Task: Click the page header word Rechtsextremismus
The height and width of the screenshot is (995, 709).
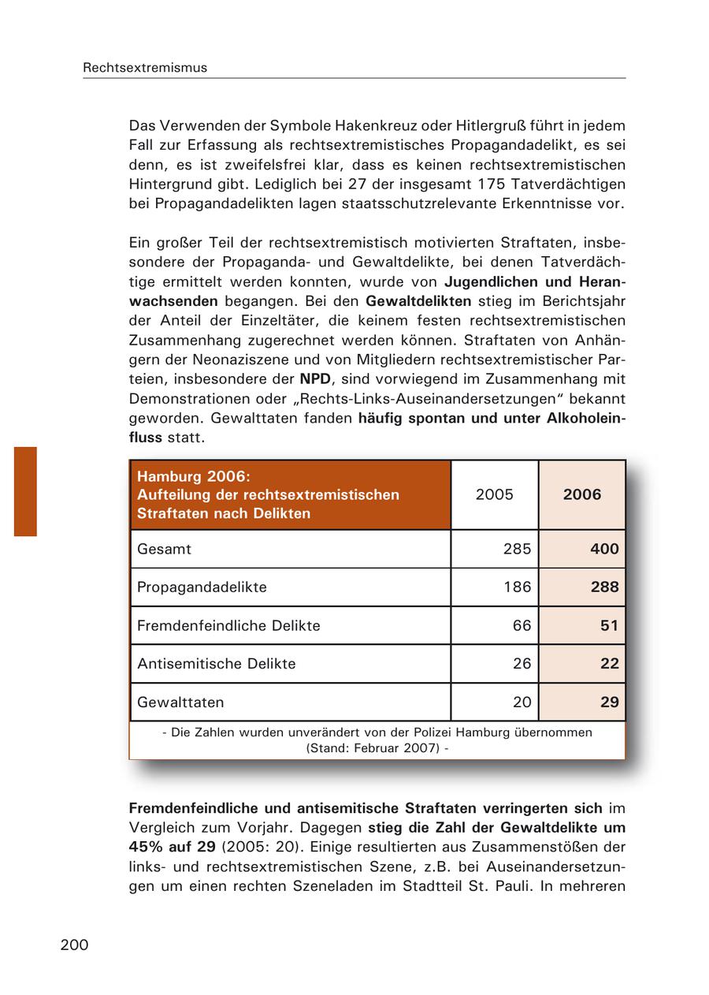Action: (x=145, y=68)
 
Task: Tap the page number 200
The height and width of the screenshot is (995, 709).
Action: (x=74, y=945)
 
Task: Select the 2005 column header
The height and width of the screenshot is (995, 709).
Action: (x=494, y=494)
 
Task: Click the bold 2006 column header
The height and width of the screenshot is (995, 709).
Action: (x=581, y=494)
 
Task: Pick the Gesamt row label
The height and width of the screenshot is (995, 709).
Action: (x=164, y=549)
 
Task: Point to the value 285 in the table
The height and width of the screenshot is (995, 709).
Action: (x=517, y=549)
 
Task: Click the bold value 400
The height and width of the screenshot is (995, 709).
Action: (x=604, y=549)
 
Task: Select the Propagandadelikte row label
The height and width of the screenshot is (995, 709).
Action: (x=202, y=587)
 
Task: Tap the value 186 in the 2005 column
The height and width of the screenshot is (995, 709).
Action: (x=517, y=587)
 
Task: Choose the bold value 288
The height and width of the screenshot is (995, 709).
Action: (x=604, y=587)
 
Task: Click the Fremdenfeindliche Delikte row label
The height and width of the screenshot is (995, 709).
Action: (x=228, y=626)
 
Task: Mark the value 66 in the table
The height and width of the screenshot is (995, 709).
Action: (x=522, y=626)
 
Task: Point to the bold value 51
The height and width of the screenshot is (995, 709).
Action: (x=609, y=626)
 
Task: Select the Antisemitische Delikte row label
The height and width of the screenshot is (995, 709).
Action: (x=217, y=664)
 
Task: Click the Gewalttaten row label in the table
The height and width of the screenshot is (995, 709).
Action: (x=180, y=702)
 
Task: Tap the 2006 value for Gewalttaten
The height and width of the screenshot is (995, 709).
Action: (x=609, y=702)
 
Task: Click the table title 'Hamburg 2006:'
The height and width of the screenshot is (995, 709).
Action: (x=193, y=476)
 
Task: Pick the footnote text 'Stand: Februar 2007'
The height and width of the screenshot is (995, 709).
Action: (x=377, y=747)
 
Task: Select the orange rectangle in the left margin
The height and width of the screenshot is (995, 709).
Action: (x=25, y=491)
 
